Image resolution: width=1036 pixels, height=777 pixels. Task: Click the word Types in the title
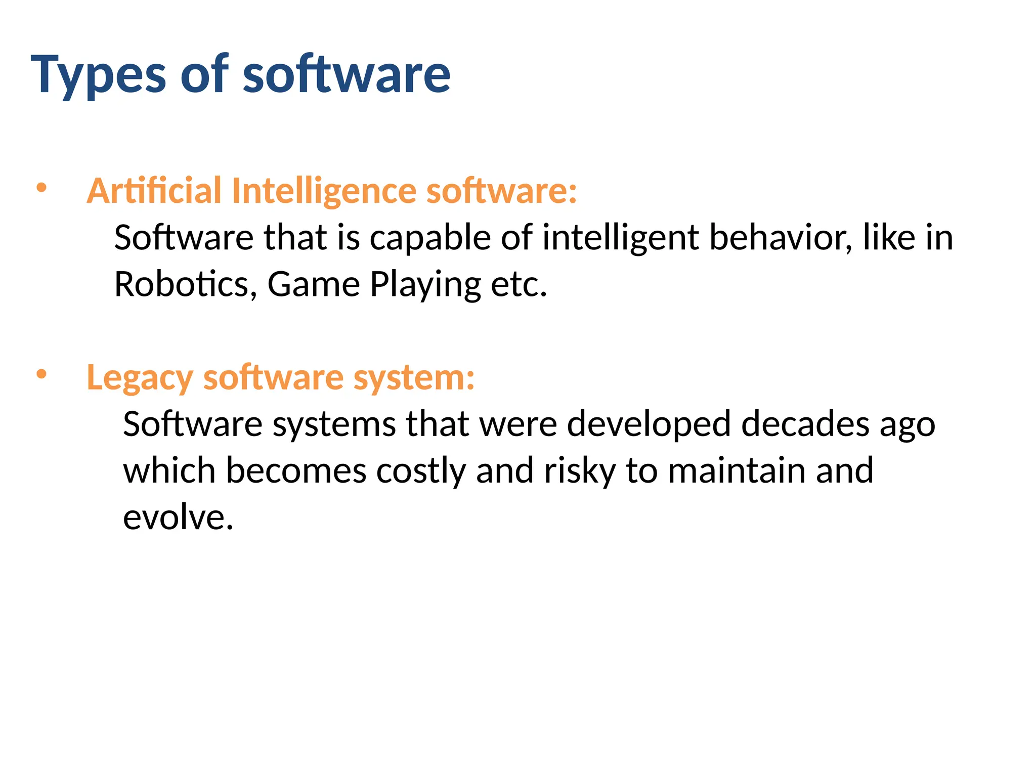click(98, 76)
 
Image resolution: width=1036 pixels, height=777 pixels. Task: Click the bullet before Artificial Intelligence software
click(41, 188)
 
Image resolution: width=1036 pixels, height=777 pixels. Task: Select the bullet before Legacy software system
click(41, 374)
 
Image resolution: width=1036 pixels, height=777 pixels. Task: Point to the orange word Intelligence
click(324, 191)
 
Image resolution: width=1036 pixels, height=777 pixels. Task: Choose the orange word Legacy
click(140, 378)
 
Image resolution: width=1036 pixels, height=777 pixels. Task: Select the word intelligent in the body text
click(620, 238)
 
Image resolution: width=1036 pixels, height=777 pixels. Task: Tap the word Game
click(313, 284)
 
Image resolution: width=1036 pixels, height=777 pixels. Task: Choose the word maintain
click(736, 471)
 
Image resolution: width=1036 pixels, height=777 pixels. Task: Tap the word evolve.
click(178, 517)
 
